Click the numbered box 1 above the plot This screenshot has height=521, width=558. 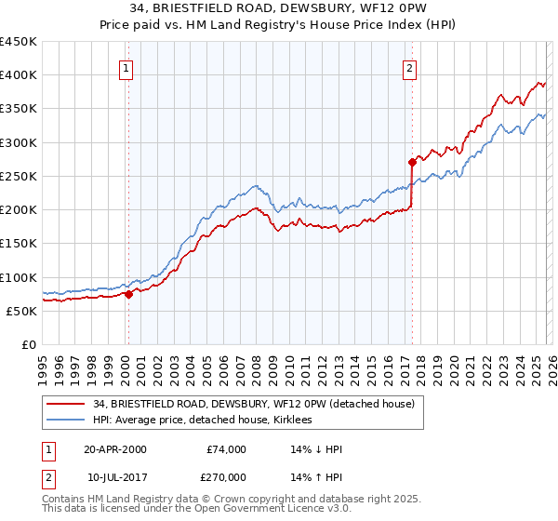126,67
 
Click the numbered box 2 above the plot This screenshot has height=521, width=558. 409,67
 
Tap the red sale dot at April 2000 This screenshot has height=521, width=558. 129,294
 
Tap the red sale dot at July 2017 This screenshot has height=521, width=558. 412,162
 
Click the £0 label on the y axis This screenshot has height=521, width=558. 28,344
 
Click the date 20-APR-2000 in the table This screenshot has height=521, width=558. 114,449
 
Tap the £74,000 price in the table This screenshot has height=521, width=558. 226,449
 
